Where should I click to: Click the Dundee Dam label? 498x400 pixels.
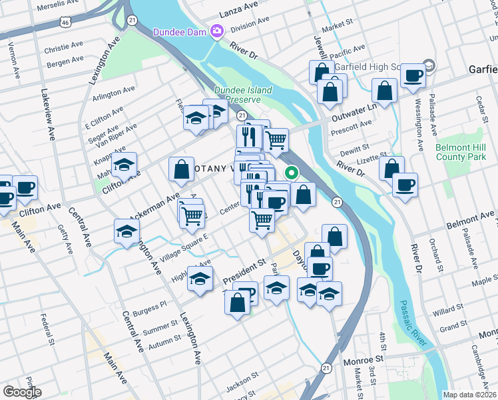pos(180,31)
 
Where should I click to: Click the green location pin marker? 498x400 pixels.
pos(292,173)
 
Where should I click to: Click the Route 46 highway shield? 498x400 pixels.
pos(64,22)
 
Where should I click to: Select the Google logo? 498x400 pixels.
pos(22,392)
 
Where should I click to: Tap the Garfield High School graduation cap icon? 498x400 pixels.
pos(429,66)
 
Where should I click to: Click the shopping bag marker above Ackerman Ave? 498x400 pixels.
pos(181,169)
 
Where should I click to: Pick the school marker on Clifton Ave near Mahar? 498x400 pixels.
pos(124,164)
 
